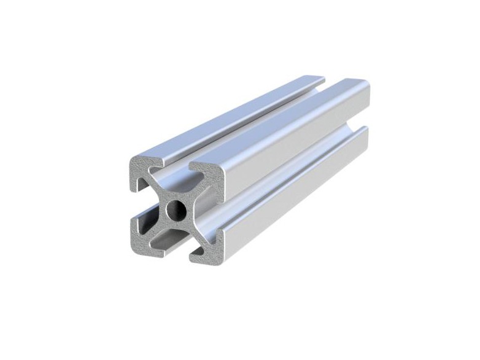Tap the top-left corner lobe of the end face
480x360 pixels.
pyautogui.click(x=143, y=168)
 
